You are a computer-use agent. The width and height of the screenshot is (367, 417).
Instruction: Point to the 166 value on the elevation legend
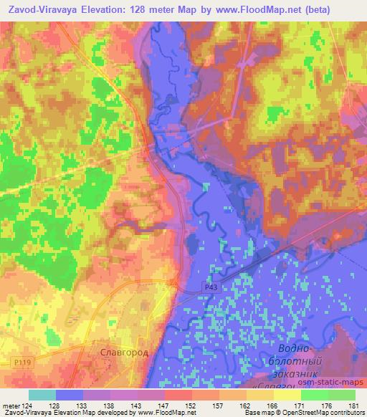[x=273, y=405]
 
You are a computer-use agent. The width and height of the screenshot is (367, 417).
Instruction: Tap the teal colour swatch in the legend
[x=42, y=395]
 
